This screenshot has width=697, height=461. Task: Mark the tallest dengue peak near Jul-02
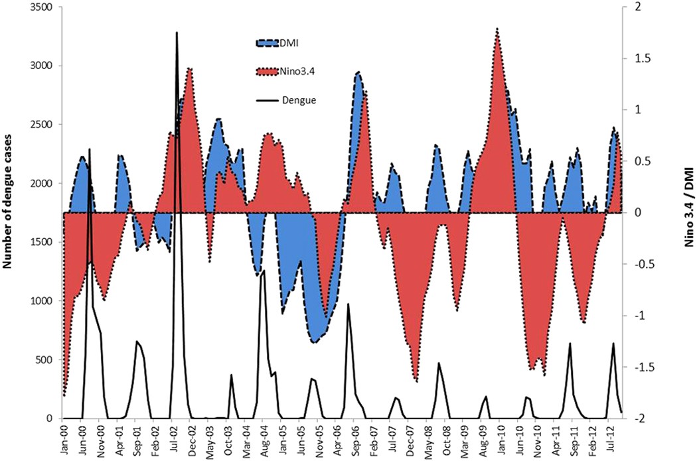click(177, 32)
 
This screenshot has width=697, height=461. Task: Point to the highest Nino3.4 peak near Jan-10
click(497, 29)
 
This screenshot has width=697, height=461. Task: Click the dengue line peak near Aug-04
click(264, 271)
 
